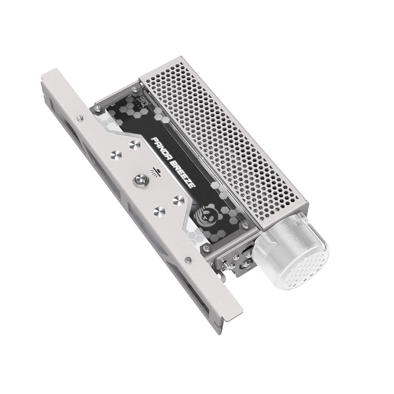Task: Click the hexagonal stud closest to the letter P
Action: tap(133, 145)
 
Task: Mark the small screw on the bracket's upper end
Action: tap(80, 117)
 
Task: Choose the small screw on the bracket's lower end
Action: tap(188, 259)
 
